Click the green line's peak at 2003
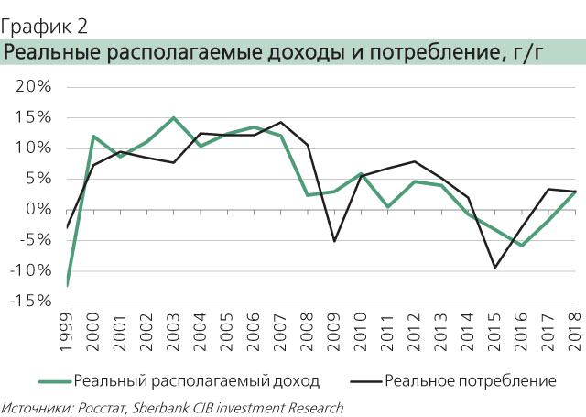pos(173,117)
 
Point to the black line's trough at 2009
pos(334,241)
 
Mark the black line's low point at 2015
pos(495,268)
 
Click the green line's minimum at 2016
pos(522,246)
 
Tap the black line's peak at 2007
pos(280,122)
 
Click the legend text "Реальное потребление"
pos(471,379)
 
